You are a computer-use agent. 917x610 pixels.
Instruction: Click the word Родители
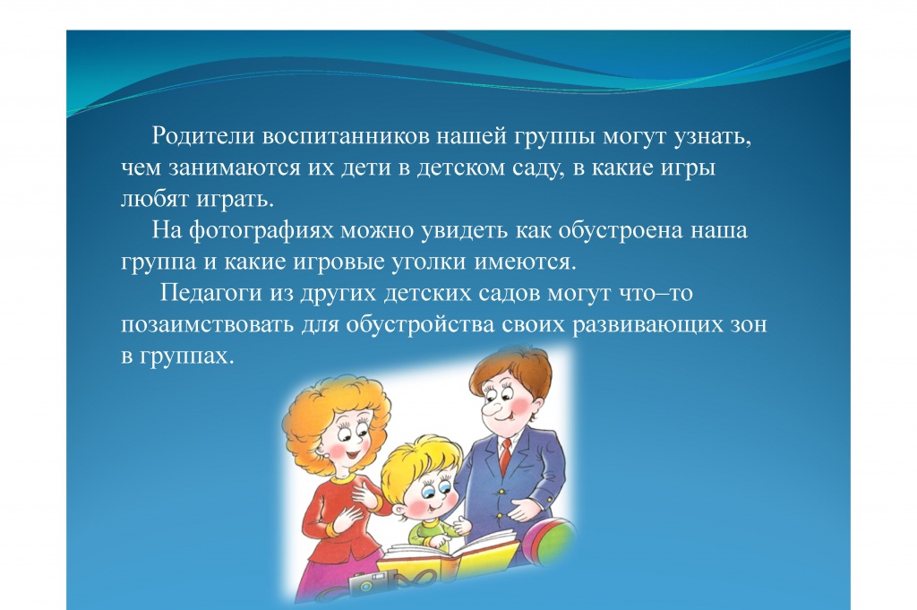203,135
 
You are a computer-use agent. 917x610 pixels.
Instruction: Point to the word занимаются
236,168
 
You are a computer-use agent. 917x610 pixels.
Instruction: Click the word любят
155,199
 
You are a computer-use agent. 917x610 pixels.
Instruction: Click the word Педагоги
211,292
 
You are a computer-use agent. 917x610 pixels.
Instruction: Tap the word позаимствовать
208,324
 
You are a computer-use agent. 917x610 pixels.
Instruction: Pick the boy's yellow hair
416,463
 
